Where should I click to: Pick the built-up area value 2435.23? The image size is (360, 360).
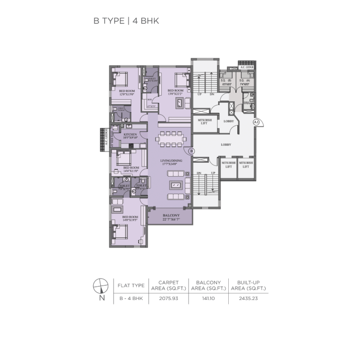[x=248, y=298]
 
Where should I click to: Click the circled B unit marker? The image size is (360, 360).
[x=191, y=151]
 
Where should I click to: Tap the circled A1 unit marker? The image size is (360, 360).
[x=256, y=122]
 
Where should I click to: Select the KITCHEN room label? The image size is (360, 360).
[x=130, y=136]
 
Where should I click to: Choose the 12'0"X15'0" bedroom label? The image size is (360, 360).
[x=127, y=92]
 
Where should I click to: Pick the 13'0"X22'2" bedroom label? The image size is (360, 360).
[x=175, y=92]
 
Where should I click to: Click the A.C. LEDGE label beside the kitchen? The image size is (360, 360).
[x=106, y=139]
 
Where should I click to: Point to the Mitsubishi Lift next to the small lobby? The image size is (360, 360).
[x=203, y=122]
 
